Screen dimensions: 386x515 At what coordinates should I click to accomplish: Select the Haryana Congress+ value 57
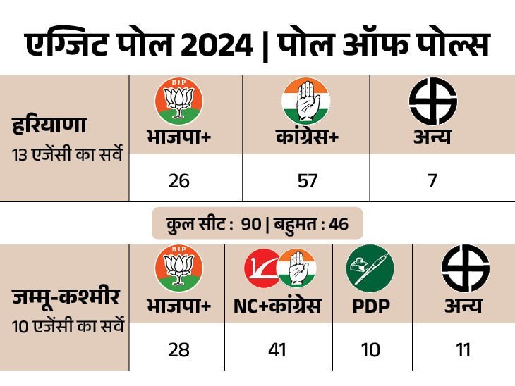[x=306, y=181]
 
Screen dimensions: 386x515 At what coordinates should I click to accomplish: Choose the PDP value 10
[x=370, y=349]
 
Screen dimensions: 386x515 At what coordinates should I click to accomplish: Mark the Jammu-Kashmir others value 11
[x=464, y=349]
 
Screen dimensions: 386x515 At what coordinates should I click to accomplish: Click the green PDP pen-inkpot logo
[x=370, y=268]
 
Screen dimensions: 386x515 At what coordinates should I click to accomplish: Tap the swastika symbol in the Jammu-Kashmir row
[x=465, y=268]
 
